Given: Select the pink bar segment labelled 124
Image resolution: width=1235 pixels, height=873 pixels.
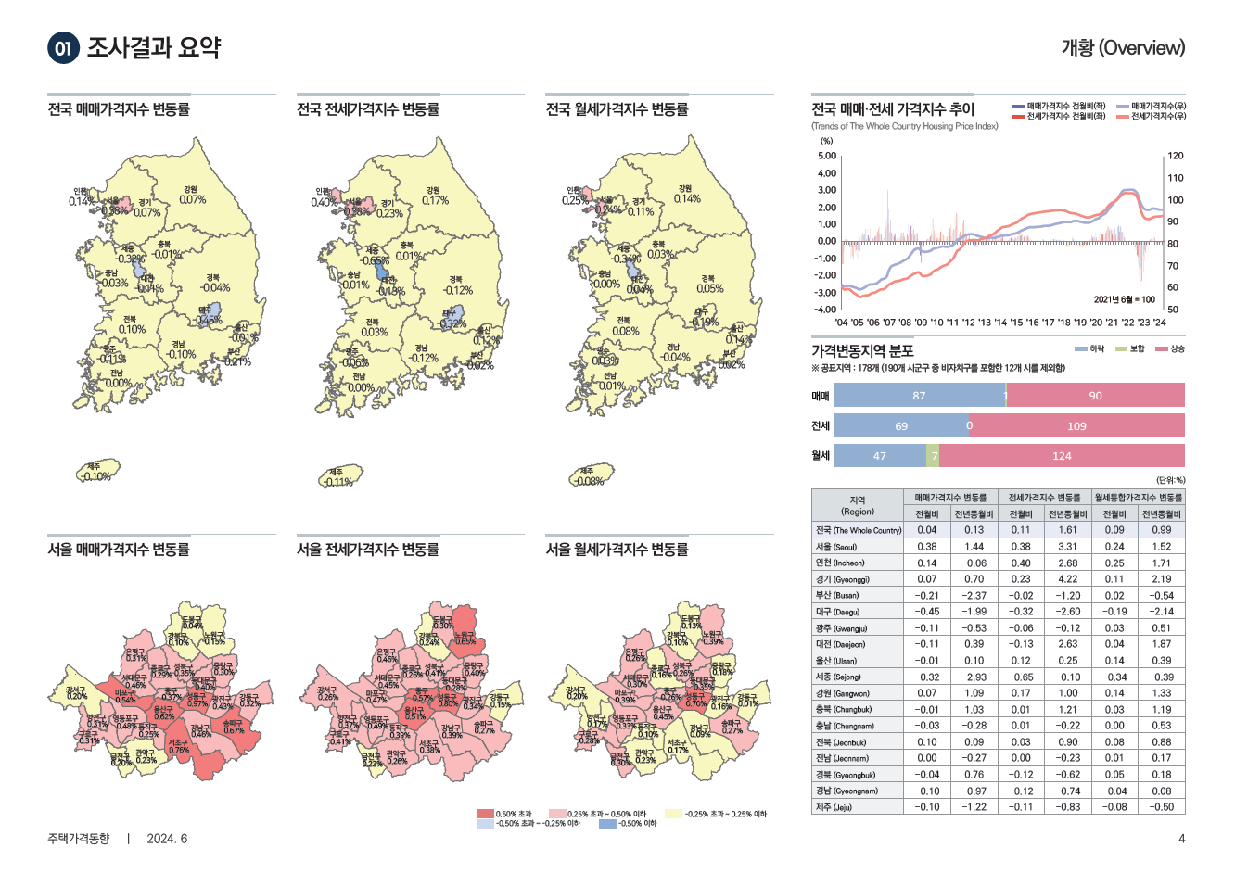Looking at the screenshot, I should (1062, 456).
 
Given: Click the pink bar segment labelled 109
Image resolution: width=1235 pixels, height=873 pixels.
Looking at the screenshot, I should (1076, 426).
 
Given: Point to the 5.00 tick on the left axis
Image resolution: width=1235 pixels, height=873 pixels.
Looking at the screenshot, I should (826, 156).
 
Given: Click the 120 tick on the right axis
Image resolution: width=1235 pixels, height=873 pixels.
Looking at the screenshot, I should (1175, 156).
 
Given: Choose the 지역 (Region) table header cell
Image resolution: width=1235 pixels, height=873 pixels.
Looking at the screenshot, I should (858, 505).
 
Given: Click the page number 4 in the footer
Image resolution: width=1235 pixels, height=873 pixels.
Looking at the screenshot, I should (1181, 840).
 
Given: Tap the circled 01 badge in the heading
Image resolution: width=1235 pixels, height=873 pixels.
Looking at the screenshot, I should (63, 48).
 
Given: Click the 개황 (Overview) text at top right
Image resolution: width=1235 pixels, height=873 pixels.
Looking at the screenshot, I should (1123, 47).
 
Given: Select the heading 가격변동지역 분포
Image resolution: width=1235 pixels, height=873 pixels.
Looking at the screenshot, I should (862, 351).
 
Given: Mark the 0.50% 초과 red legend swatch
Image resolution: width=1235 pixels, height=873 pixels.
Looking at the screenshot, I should (485, 814).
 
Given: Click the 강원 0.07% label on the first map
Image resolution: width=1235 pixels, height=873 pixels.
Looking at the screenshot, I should (192, 195).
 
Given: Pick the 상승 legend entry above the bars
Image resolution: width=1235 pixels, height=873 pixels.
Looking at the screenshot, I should (1170, 349).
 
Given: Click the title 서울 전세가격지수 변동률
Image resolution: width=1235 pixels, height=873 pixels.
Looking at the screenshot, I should (368, 550).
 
